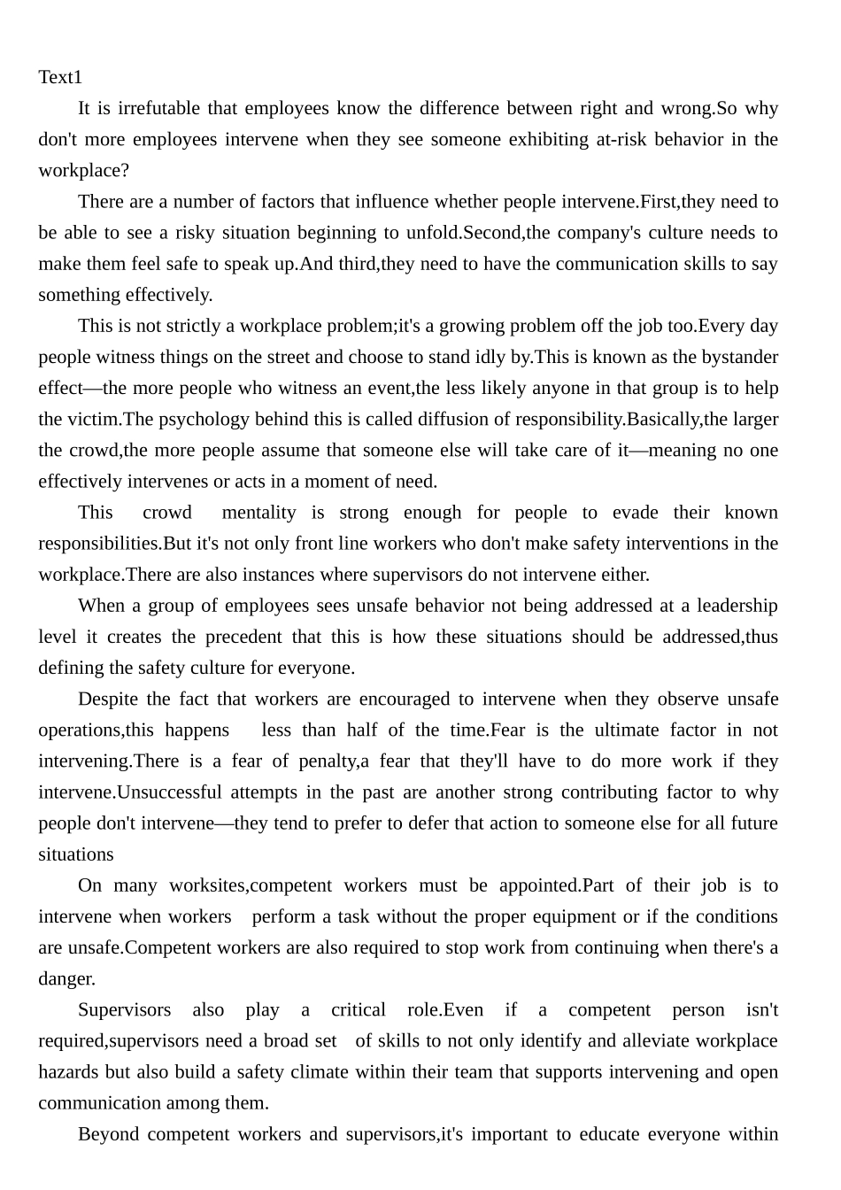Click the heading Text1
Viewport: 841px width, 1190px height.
click(x=59, y=78)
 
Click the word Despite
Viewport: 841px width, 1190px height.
click(x=107, y=699)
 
